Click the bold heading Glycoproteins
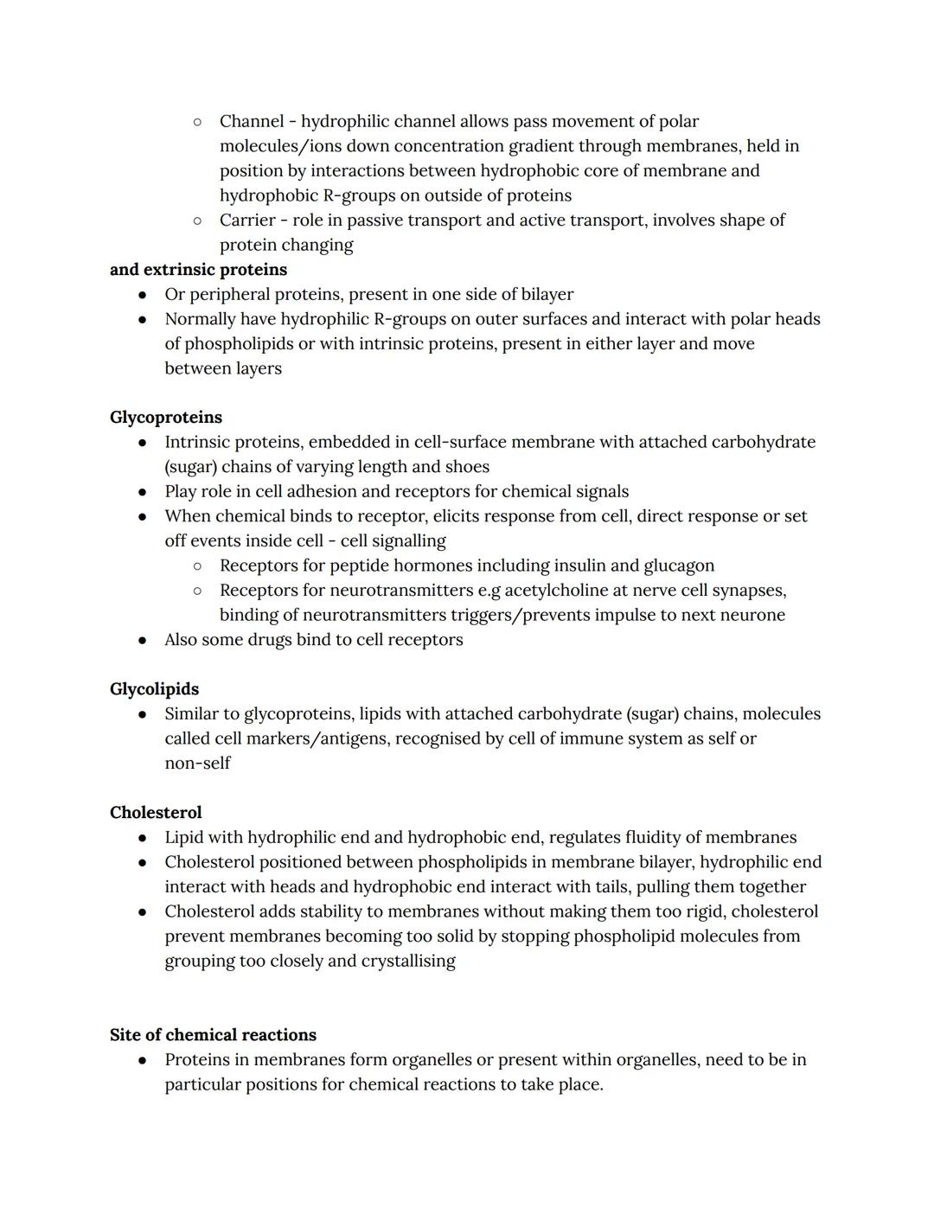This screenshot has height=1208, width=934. coord(166,418)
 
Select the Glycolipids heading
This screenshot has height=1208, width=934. coord(154,689)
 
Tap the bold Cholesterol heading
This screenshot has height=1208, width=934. coord(156,813)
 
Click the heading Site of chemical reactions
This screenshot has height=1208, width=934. coord(213,1035)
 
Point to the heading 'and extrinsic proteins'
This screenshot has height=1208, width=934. coord(198,270)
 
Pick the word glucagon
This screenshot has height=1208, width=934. coord(679,566)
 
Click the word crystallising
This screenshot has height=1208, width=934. coord(405,961)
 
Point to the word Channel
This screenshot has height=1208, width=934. coord(251,122)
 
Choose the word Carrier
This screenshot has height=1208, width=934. coord(248,221)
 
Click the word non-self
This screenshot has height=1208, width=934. coord(197,764)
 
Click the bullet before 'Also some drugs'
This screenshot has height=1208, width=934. coord(143,641)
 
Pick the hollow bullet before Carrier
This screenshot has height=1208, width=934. coord(198,221)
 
